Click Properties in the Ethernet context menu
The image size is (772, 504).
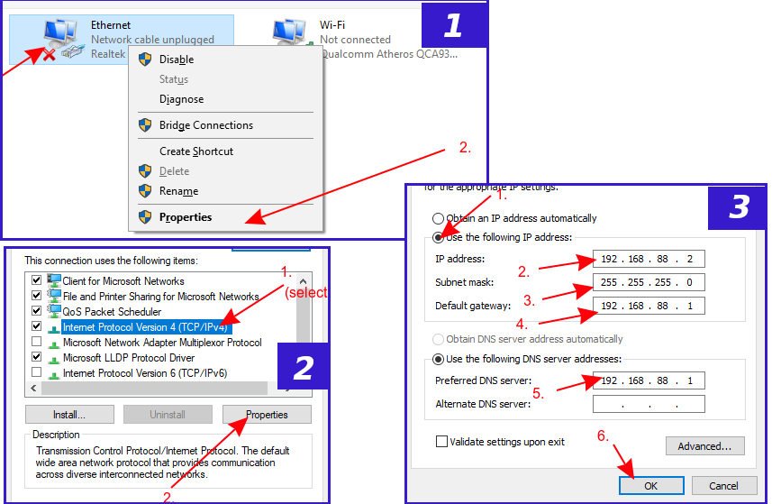tap(186, 217)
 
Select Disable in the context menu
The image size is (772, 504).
tap(177, 60)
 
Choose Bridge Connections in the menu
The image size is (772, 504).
tap(205, 125)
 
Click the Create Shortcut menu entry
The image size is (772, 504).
tap(195, 151)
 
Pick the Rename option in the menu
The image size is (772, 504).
tap(178, 191)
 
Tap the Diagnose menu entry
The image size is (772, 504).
tap(181, 99)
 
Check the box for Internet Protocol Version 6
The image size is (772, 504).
tap(36, 372)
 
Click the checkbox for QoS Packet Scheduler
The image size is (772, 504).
tap(36, 312)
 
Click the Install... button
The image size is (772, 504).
tap(69, 415)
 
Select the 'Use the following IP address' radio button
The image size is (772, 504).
tap(438, 237)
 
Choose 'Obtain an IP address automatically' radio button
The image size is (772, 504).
tap(438, 218)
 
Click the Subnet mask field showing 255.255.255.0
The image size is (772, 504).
tap(649, 282)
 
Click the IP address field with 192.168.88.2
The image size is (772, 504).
tap(649, 260)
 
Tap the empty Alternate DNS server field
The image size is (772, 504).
tap(649, 404)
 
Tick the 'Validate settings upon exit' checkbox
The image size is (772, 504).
tap(441, 442)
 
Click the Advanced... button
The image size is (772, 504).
tap(704, 445)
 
